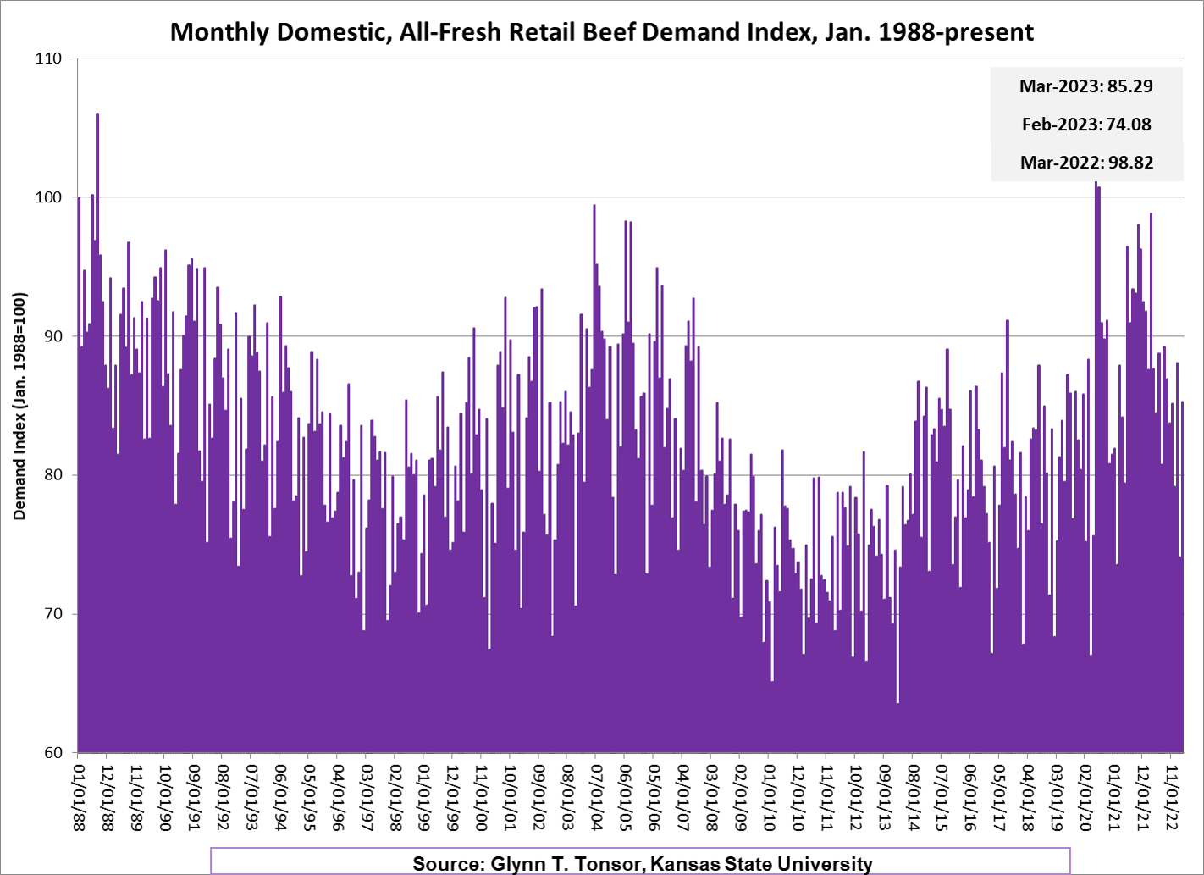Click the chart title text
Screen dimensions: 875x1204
601,32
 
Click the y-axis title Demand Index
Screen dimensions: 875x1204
20,406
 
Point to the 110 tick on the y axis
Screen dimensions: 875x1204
49,58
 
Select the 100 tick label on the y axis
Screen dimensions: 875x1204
49,197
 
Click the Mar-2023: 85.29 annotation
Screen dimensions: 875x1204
1085,86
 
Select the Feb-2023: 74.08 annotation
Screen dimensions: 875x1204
1085,125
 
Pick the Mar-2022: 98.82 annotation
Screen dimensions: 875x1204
1086,163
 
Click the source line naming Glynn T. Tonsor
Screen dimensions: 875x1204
642,863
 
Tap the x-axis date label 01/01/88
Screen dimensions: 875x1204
79,797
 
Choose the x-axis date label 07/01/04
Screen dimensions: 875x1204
595,797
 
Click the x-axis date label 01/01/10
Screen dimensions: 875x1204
768,797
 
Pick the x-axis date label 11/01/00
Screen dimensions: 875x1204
480,797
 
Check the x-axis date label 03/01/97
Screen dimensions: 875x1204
366,797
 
